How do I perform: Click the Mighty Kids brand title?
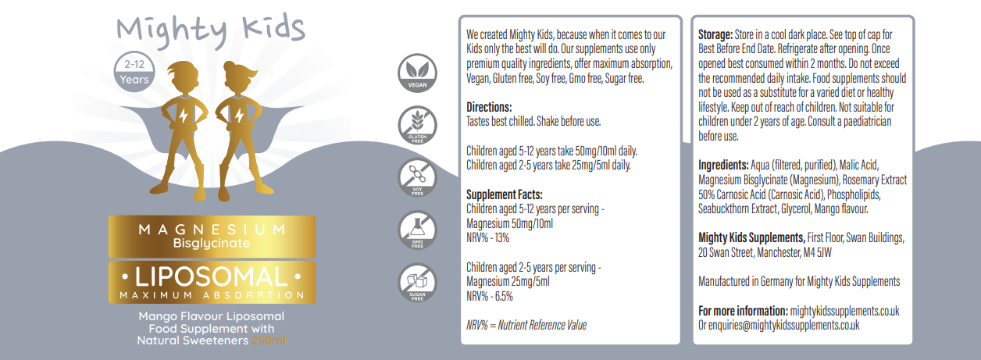point(211,30)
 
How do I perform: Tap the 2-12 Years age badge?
point(134,72)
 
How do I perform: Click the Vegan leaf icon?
point(417,73)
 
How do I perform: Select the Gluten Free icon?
point(417,125)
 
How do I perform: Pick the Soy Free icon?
point(417,177)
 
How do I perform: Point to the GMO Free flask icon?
point(417,230)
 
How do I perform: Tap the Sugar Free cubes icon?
point(417,283)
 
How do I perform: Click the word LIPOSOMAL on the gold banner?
point(212,276)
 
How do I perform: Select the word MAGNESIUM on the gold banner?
point(212,230)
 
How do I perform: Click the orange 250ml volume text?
point(269,340)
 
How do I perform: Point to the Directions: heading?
point(489,107)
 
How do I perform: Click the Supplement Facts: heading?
point(505,194)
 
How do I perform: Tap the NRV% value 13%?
point(502,238)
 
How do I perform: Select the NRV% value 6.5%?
point(504,296)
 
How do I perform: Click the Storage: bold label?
point(715,34)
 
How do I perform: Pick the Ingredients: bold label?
point(723,165)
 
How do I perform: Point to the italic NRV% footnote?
point(526,325)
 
